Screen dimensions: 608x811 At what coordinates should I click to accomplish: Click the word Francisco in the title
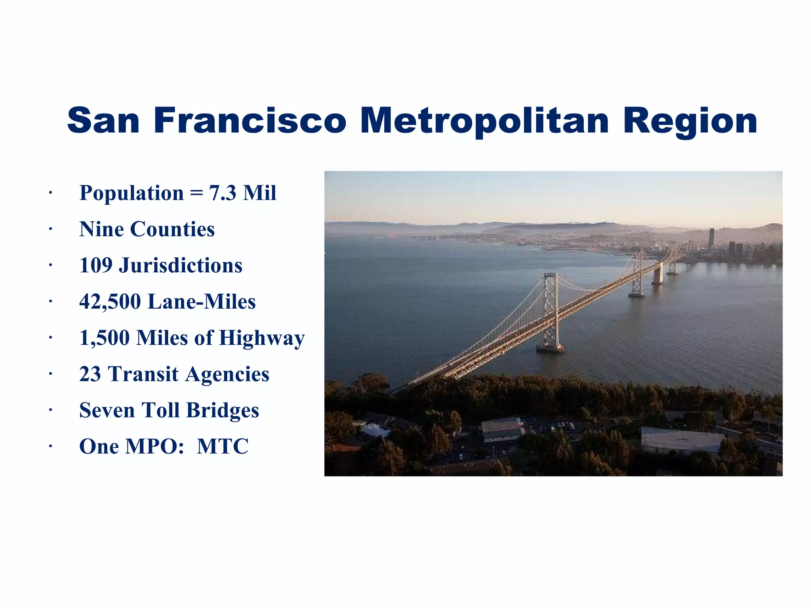[x=250, y=120]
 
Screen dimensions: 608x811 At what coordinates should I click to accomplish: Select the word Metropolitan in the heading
[x=484, y=121]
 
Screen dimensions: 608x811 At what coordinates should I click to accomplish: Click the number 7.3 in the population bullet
[x=223, y=193]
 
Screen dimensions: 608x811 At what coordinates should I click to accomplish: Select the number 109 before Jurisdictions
[x=96, y=266]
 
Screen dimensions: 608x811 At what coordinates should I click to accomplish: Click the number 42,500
[x=110, y=302]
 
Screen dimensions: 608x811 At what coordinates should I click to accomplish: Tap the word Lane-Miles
[x=202, y=302]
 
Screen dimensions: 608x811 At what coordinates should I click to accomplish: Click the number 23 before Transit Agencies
[x=90, y=374]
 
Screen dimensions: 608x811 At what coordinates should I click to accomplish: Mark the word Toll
[x=160, y=410]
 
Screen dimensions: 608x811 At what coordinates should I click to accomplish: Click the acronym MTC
[x=223, y=446]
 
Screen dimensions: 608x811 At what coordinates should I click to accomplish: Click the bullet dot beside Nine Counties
[x=51, y=230]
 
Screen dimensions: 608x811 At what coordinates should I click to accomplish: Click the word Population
[x=131, y=193]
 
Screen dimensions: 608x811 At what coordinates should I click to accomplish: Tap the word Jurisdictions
[x=181, y=266]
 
